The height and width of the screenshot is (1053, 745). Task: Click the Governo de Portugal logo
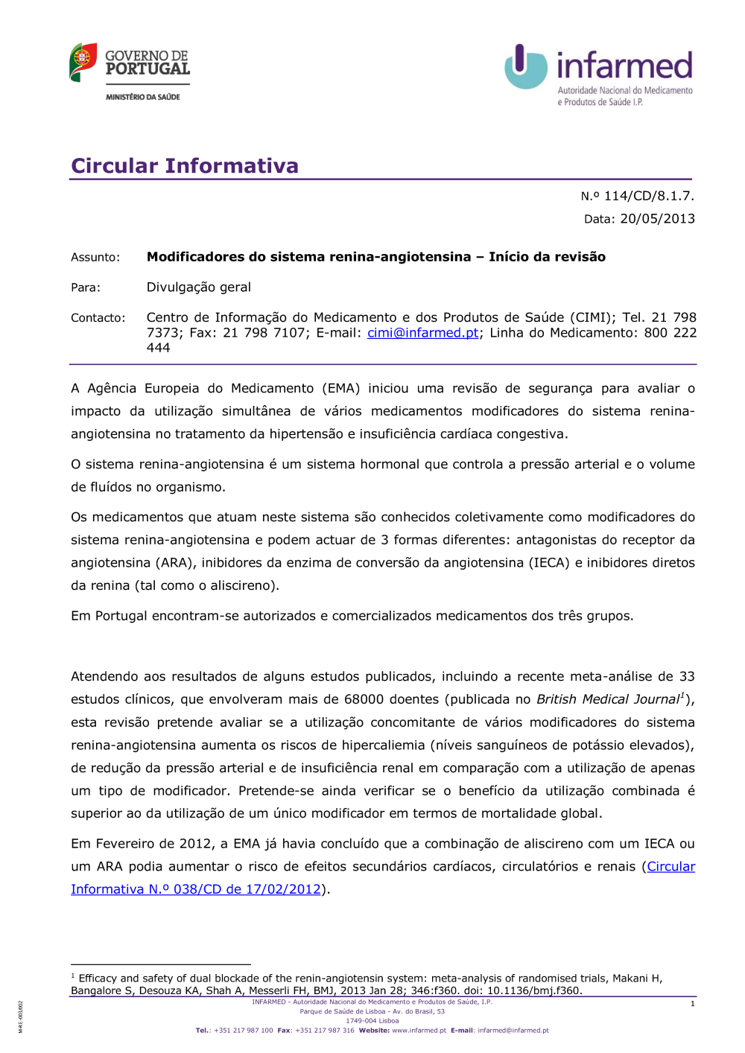pyautogui.click(x=130, y=71)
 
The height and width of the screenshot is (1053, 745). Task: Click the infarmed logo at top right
pyautogui.click(x=599, y=74)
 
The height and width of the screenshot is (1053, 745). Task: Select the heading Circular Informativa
pyautogui.click(x=185, y=165)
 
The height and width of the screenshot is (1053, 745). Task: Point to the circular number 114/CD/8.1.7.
pyautogui.click(x=648, y=196)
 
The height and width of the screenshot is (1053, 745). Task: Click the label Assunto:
pyautogui.click(x=95, y=257)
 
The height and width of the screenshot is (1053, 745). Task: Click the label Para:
pyautogui.click(x=86, y=287)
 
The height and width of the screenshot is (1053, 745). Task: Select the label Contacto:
pyautogui.click(x=98, y=318)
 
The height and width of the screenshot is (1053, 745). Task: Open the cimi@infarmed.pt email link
pyautogui.click(x=422, y=333)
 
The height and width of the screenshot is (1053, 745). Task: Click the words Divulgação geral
pyautogui.click(x=198, y=287)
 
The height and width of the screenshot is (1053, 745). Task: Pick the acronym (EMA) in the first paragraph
pyautogui.click(x=341, y=388)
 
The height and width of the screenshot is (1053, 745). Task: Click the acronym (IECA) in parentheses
pyautogui.click(x=550, y=563)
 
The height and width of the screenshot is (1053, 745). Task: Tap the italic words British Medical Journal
pyautogui.click(x=607, y=699)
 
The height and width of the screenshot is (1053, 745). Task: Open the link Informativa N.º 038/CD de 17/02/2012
pyautogui.click(x=196, y=889)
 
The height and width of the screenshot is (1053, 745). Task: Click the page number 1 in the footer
pyautogui.click(x=692, y=1004)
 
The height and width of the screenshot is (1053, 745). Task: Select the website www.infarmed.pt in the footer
pyautogui.click(x=419, y=1031)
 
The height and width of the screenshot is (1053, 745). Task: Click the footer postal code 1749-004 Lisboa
pyautogui.click(x=372, y=1021)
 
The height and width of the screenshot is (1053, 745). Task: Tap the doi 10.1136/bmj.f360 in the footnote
pyautogui.click(x=533, y=990)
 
